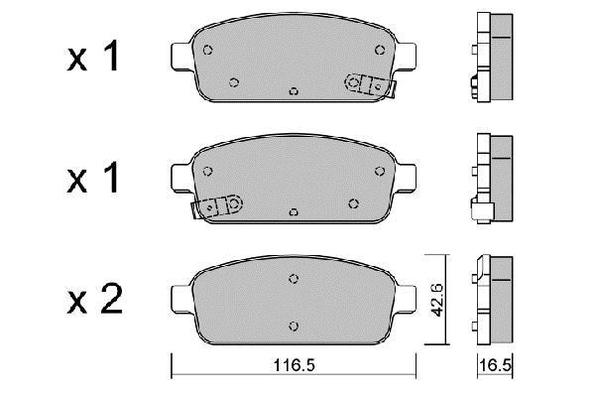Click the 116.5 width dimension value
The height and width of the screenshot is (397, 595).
pos(295,365)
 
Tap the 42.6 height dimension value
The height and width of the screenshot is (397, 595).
pos(438,299)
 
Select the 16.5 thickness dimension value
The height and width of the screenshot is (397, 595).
pos(496,365)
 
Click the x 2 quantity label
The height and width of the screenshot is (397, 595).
pos(94,300)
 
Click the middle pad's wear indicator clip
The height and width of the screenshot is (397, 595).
pos(217,206)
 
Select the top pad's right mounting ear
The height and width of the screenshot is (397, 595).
pos(406,57)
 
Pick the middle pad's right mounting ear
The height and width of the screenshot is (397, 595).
pos(406,178)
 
